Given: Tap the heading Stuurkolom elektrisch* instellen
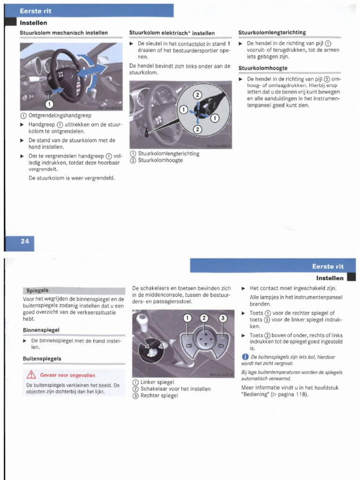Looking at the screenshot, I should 172,33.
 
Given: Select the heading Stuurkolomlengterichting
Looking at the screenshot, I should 272,32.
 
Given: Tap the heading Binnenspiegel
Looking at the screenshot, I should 41,330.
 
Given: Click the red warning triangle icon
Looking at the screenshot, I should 31,375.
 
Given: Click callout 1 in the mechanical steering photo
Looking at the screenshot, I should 49,103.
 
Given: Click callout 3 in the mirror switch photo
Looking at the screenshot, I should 223,318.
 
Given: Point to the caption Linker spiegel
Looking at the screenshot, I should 157,382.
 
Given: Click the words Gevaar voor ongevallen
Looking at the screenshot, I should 67,375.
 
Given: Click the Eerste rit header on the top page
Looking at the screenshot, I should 35,10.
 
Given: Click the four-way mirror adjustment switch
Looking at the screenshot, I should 204,338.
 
